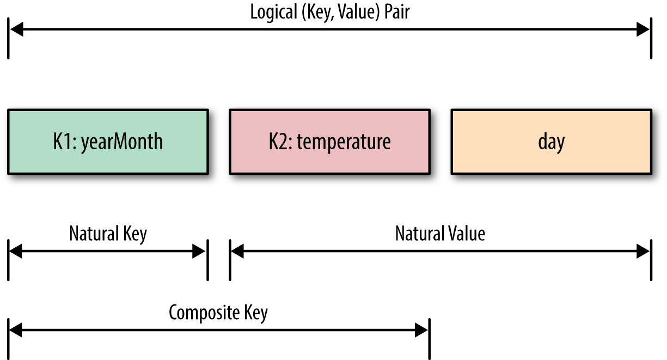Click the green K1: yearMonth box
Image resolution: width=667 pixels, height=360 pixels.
[x=108, y=142]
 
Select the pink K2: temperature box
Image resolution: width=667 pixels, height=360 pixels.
[x=329, y=142]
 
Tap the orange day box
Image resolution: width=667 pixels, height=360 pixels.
[x=551, y=142]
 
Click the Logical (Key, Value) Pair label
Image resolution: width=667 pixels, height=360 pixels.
[x=329, y=12]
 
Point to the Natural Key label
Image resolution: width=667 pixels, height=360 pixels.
[x=108, y=234]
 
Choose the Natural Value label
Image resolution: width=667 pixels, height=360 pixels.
[x=440, y=234]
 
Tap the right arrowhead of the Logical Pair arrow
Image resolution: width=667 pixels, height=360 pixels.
[x=643, y=30]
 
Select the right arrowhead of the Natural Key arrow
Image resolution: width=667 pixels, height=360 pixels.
[x=199, y=251]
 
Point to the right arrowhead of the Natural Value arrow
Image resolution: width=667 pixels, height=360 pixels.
[x=643, y=251]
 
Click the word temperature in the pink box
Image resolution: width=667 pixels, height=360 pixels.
[x=344, y=142]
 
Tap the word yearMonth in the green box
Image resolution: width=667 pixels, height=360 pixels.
[x=122, y=142]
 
